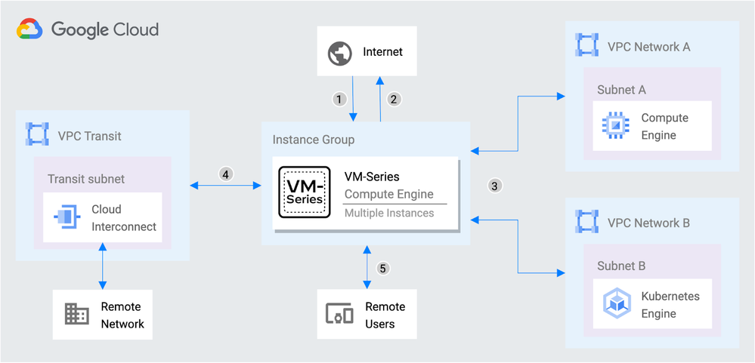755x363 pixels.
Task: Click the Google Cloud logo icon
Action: point(29,29)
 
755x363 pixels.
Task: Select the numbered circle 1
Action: point(339,99)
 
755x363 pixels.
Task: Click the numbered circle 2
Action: point(393,99)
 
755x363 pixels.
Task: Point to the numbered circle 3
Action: point(494,185)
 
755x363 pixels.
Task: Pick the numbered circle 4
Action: point(225,174)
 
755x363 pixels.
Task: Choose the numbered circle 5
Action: point(383,268)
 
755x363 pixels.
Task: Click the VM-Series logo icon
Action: point(303,192)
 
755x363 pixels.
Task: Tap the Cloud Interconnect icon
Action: point(66,217)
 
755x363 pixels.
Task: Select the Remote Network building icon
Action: point(76,314)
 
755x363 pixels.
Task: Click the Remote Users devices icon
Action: point(339,314)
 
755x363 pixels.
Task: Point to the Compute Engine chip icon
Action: point(614,125)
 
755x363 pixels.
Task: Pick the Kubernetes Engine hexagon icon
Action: point(614,304)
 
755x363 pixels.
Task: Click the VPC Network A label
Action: point(648,47)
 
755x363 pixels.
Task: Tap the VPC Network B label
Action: point(648,223)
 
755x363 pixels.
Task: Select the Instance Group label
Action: point(313,140)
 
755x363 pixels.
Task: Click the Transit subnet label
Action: point(86,179)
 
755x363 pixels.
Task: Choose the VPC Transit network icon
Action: point(37,136)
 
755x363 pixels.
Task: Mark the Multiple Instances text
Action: point(389,213)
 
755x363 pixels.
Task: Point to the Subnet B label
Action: point(621,266)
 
